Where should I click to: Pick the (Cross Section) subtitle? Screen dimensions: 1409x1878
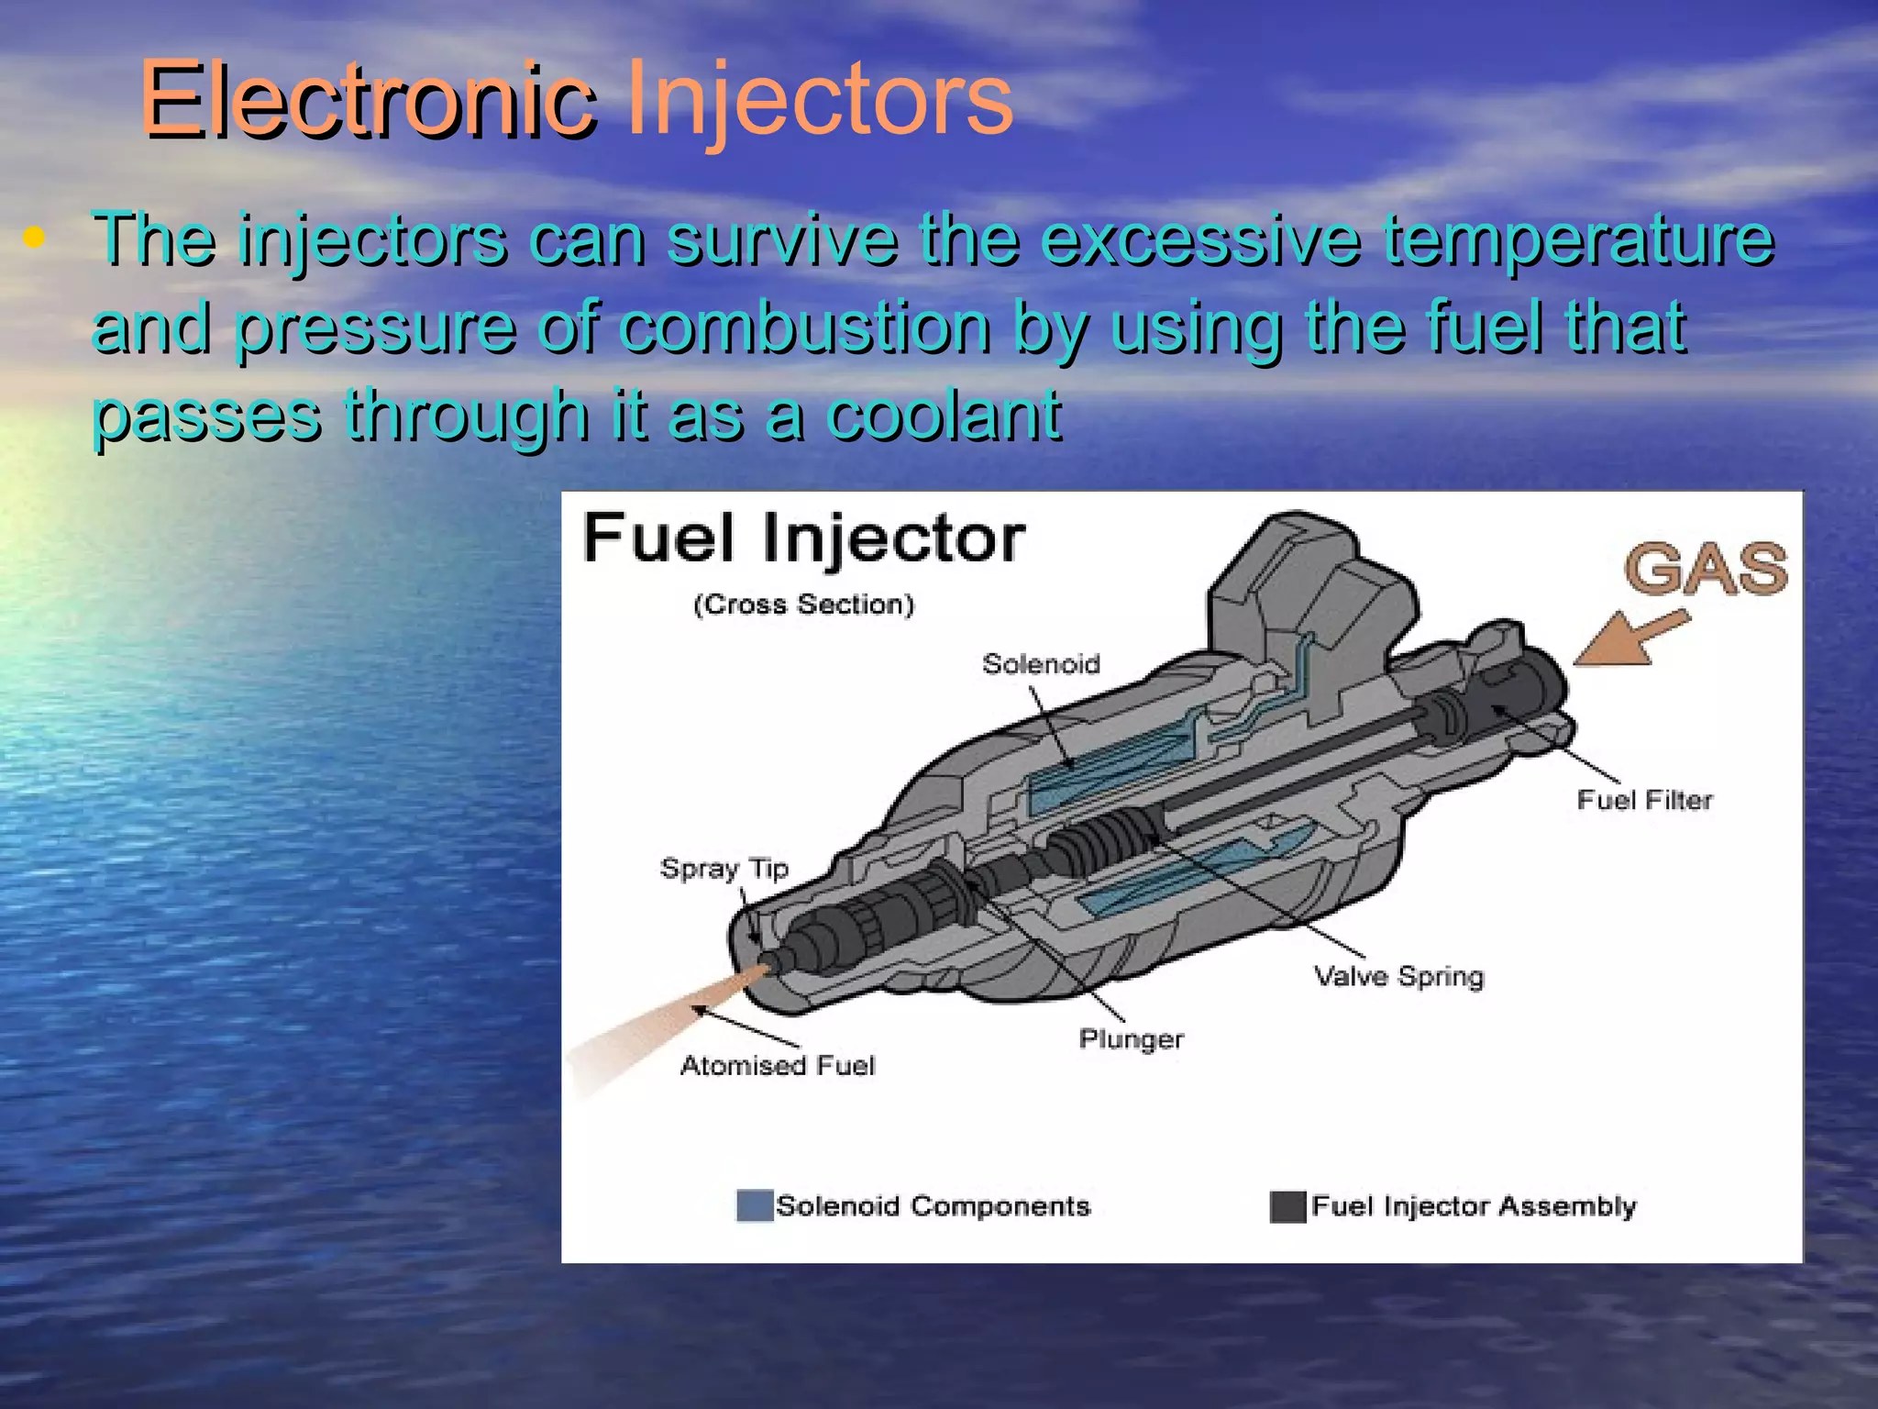pyautogui.click(x=803, y=605)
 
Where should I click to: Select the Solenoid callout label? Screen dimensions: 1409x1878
pyautogui.click(x=1041, y=663)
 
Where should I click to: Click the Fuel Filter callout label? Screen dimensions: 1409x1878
pyautogui.click(x=1644, y=800)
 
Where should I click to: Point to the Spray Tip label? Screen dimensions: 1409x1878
pyautogui.click(x=724, y=868)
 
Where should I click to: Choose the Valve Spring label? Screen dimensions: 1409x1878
pyautogui.click(x=1398, y=976)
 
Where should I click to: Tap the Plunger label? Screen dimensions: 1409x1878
pyautogui.click(x=1131, y=1039)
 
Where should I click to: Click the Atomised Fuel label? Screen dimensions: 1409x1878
pyautogui.click(x=778, y=1065)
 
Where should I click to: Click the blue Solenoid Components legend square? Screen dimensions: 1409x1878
pyautogui.click(x=754, y=1205)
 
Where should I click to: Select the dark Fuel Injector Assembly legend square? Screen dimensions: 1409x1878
pyautogui.click(x=1287, y=1206)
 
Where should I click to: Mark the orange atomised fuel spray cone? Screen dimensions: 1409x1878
pyautogui.click(x=660, y=1027)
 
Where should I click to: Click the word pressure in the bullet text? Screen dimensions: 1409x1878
pyautogui.click(x=375, y=327)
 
